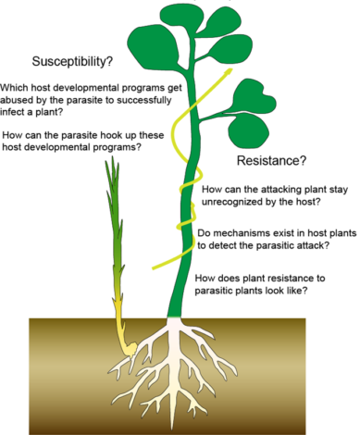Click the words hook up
click(x=112, y=137)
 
